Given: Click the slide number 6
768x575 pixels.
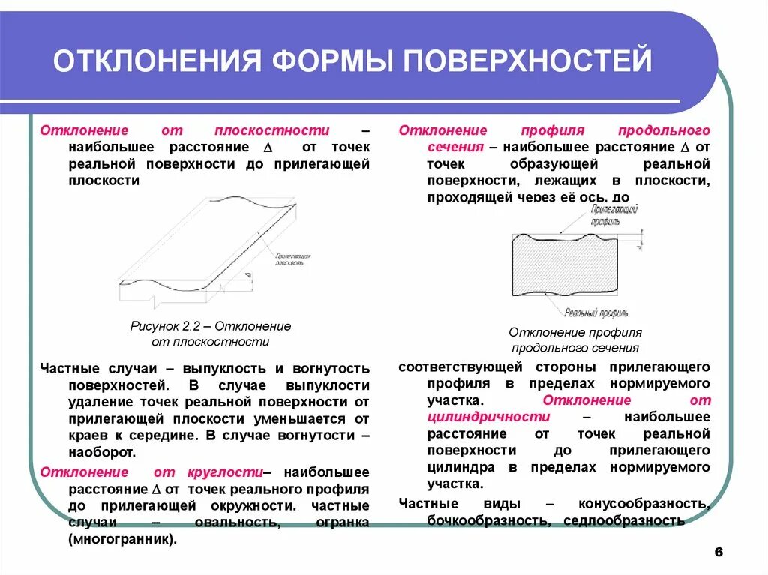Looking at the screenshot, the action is (718, 552).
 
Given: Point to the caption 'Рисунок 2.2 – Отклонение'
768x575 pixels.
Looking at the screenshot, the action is (210, 326).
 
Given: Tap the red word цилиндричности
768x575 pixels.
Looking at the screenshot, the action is (484, 416).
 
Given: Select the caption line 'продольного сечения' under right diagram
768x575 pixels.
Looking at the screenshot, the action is (575, 347).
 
